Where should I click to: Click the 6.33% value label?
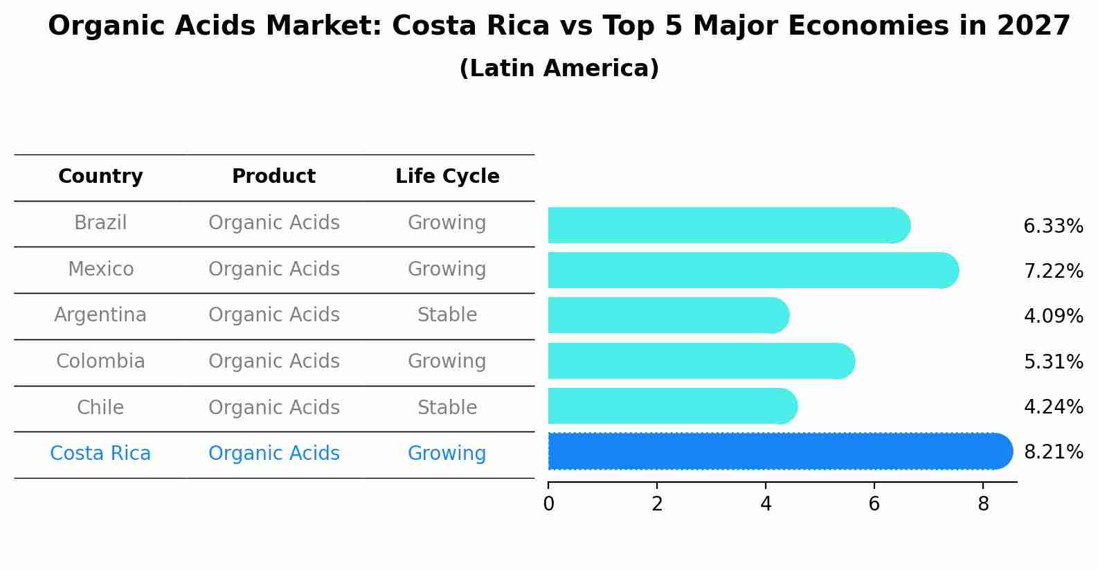click(1053, 226)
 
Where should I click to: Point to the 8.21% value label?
click(1053, 452)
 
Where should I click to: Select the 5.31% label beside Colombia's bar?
click(1053, 362)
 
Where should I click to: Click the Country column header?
click(100, 177)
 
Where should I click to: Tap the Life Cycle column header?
click(447, 177)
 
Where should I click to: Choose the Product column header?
click(273, 177)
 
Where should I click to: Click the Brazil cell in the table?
click(100, 223)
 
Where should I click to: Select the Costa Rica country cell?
click(100, 454)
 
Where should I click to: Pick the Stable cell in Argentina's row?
click(447, 315)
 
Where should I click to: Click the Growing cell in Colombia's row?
click(447, 362)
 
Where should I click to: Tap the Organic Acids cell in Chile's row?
click(273, 408)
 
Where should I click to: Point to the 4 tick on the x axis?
click(766, 504)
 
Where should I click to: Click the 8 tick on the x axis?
click(983, 504)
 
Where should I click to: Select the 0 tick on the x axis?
click(549, 504)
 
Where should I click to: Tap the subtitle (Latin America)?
click(559, 69)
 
